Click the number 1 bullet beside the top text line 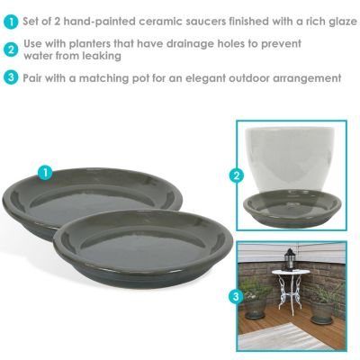pyautogui.click(x=12, y=22)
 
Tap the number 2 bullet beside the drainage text pyautogui.click(x=12, y=49)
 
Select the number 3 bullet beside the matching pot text pyautogui.click(x=12, y=77)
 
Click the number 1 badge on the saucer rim pyautogui.click(x=45, y=173)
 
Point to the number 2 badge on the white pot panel pyautogui.click(x=237, y=175)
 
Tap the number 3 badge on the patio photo pyautogui.click(x=236, y=297)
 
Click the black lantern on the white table pyautogui.click(x=289, y=259)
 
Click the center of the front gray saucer pyautogui.click(x=143, y=248)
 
